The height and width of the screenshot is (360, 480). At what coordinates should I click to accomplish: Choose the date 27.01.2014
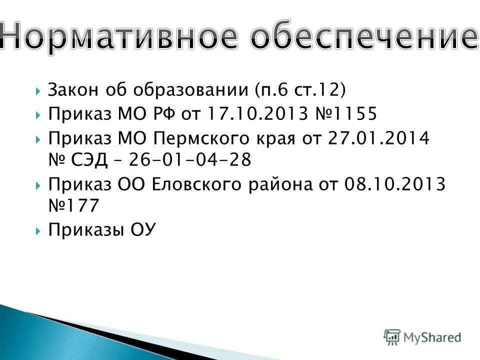[378, 137]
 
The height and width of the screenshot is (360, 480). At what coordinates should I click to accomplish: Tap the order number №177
[73, 205]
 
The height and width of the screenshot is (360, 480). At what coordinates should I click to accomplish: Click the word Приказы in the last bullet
[82, 229]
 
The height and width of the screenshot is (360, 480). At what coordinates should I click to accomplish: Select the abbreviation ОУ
[143, 229]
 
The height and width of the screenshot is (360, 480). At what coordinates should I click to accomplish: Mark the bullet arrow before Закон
[38, 90]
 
